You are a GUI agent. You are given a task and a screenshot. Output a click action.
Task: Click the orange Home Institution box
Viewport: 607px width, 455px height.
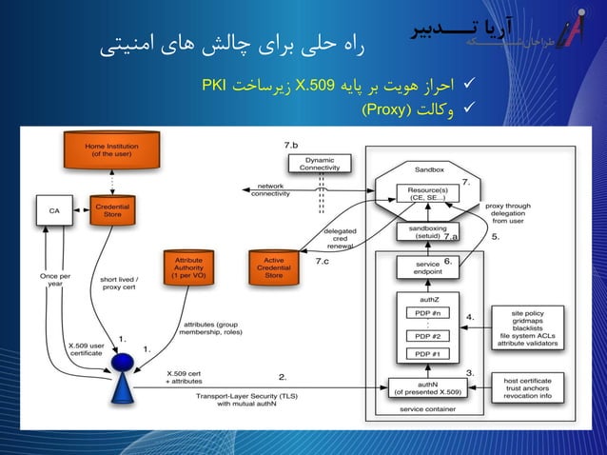pyautogui.click(x=109, y=151)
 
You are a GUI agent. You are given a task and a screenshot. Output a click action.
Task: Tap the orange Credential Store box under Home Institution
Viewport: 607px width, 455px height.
pyautogui.click(x=112, y=209)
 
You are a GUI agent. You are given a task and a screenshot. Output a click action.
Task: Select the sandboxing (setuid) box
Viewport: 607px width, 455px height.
pyautogui.click(x=421, y=232)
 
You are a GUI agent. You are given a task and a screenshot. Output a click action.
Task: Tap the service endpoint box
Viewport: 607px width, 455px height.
pyautogui.click(x=421, y=268)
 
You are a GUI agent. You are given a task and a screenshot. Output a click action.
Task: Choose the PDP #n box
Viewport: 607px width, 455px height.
pyautogui.click(x=421, y=312)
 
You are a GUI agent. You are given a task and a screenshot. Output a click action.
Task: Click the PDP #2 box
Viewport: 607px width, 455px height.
pyautogui.click(x=421, y=336)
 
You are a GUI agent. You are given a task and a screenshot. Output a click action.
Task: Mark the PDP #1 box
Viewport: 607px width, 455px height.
pyautogui.click(x=421, y=354)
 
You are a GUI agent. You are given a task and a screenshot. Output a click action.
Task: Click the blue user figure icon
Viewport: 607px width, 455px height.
pyautogui.click(x=124, y=378)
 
